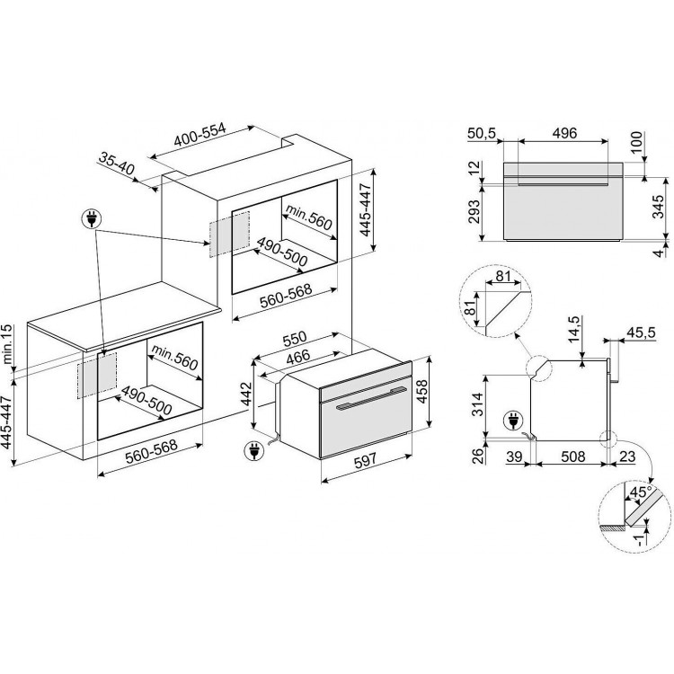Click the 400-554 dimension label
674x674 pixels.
200,135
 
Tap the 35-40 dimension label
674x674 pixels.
117,164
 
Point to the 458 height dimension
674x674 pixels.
423,392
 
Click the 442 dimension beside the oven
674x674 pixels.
246,395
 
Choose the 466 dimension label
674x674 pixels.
297,357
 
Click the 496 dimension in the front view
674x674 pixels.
564,133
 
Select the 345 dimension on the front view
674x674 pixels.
658,207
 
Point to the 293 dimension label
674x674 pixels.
474,212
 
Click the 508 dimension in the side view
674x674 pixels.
572,456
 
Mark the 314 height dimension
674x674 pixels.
477,405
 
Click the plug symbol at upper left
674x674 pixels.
92,219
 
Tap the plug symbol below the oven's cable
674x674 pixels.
253,451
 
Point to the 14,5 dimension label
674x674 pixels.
574,329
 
